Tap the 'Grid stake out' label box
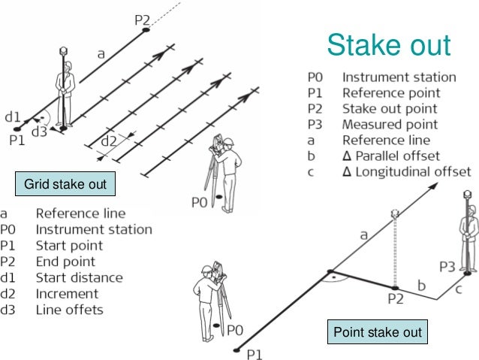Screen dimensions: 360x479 (65, 184)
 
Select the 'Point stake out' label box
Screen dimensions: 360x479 (378, 331)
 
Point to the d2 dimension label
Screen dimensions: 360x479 (110, 141)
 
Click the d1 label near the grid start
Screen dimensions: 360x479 (13, 118)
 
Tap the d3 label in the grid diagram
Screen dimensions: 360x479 (39, 132)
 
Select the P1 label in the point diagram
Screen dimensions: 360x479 (256, 354)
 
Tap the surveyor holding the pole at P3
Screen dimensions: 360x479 (468, 237)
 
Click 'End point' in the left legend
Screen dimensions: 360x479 (65, 262)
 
